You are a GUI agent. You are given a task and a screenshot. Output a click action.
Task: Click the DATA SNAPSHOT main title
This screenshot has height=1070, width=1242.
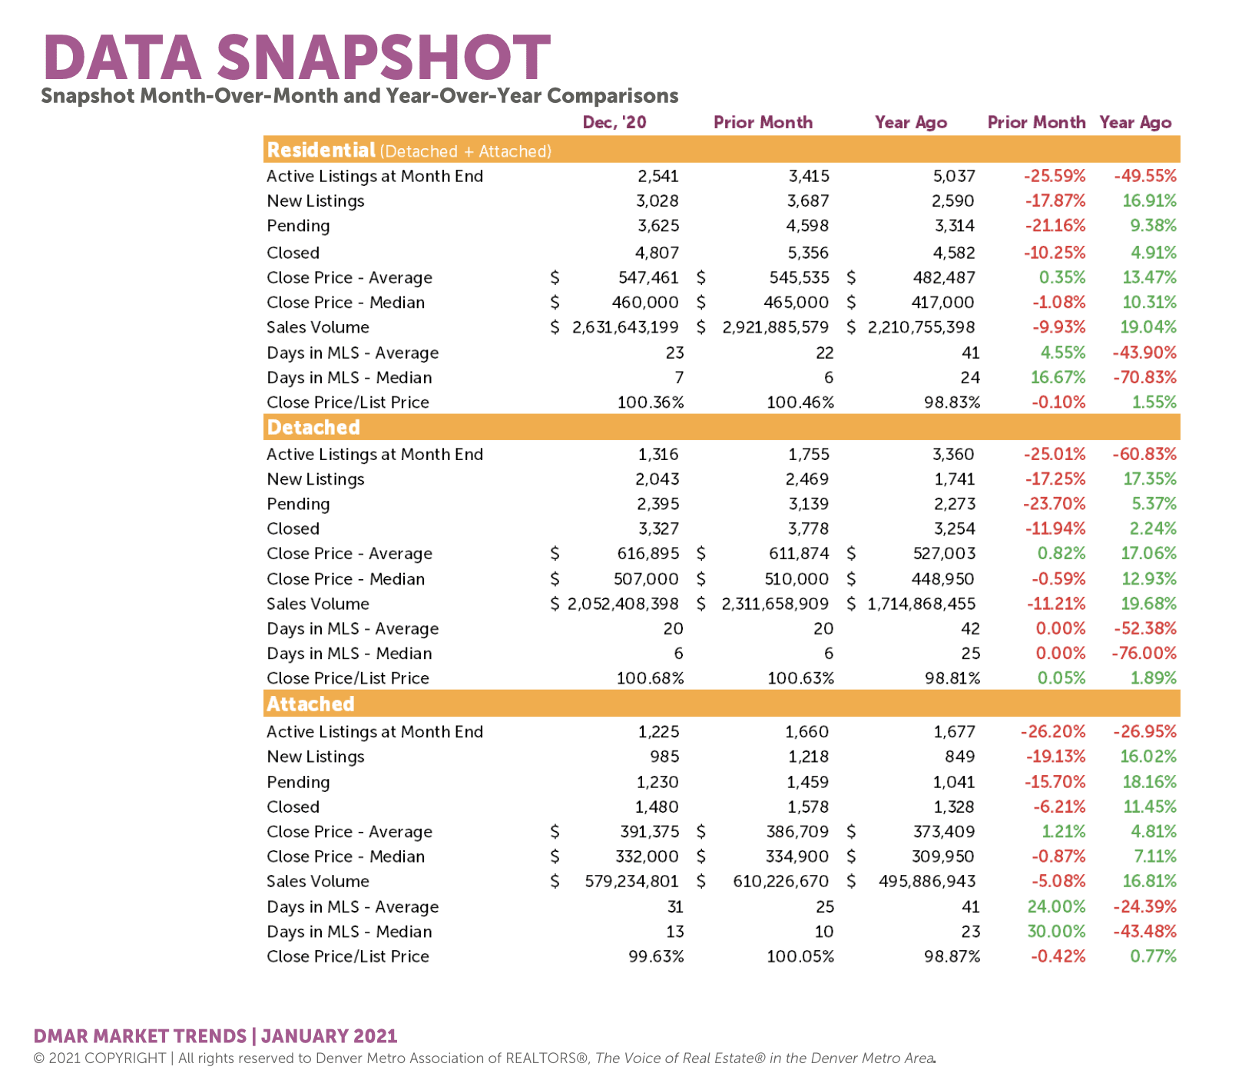[x=297, y=58]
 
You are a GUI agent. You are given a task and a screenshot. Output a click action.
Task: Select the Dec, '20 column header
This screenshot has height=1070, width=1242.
[x=614, y=123]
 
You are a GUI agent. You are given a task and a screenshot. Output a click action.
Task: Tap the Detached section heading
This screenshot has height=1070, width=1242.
[x=313, y=427]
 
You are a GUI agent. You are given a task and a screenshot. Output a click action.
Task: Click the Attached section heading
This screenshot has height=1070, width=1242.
[x=310, y=704]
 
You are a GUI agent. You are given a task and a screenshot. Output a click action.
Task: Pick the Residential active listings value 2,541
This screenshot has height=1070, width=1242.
[x=658, y=176]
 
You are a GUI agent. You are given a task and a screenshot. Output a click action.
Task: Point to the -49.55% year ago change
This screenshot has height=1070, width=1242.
[x=1145, y=176]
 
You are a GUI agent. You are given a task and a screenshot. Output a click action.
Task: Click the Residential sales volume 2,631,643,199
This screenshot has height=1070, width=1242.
[x=625, y=327]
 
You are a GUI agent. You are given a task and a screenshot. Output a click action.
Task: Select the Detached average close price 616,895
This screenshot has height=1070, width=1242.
[x=648, y=553]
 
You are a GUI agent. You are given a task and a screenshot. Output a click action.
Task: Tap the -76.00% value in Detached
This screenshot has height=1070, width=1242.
[x=1144, y=653]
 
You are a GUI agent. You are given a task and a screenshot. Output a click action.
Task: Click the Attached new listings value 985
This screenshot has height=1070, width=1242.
[x=664, y=757]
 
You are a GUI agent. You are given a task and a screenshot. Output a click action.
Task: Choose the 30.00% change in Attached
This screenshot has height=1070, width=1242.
[x=1057, y=931]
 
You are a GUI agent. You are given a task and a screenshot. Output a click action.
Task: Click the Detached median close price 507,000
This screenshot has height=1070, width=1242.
[x=646, y=578]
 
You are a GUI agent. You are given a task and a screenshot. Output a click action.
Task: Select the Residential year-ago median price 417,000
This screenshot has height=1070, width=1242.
[x=942, y=303]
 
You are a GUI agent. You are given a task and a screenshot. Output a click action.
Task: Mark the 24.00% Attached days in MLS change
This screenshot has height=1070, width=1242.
[x=1057, y=906]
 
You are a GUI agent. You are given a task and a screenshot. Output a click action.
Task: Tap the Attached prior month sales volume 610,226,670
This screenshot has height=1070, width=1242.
[x=781, y=881]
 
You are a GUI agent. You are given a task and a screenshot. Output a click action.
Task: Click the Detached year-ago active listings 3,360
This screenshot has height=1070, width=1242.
[x=953, y=454]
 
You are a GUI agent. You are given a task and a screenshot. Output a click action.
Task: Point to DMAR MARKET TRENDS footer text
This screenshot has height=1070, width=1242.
[x=141, y=1036]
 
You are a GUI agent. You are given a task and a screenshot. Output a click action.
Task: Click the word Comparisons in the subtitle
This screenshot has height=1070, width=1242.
[x=613, y=96]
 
